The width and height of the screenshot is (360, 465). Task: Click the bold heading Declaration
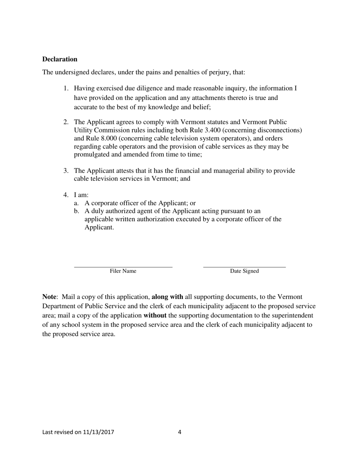tap(59, 59)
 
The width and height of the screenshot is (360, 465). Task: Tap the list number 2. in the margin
tap(66, 122)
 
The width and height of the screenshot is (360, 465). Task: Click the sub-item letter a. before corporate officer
tap(77, 203)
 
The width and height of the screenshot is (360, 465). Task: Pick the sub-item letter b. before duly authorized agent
tap(77, 211)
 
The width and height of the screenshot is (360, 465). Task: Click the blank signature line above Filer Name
tap(123, 267)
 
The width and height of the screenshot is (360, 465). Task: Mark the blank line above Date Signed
tap(244, 267)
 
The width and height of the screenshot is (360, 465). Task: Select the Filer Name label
tap(123, 271)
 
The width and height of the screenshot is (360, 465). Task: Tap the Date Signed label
tap(244, 271)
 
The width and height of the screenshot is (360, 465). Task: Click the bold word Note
tap(49, 297)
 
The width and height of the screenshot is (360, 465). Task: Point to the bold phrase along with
tap(167, 297)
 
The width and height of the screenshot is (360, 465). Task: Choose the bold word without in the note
tap(155, 315)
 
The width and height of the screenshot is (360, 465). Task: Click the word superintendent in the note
tap(291, 315)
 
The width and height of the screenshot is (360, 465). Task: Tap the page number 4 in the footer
tap(180, 432)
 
